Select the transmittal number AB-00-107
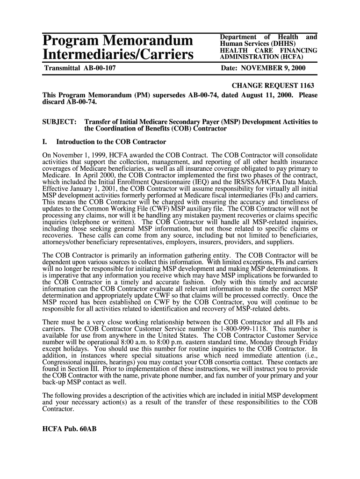[99, 68]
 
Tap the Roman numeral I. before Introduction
[45, 142]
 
